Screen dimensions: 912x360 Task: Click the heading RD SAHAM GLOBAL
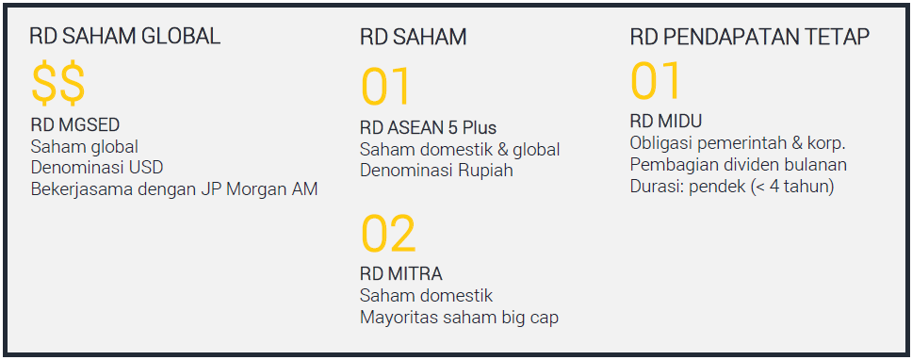click(x=125, y=37)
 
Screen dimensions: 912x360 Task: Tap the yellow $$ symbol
click(x=58, y=83)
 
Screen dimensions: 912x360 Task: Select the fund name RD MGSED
click(x=75, y=124)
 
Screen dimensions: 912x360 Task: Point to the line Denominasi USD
click(x=97, y=168)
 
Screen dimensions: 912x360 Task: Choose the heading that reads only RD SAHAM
click(x=413, y=38)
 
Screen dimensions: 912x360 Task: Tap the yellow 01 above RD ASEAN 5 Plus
click(x=385, y=87)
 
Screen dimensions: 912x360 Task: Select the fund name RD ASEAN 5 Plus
click(x=428, y=127)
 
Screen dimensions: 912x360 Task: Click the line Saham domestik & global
click(x=460, y=150)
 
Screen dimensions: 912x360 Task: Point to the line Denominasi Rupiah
click(x=436, y=171)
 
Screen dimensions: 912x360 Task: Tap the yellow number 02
click(x=388, y=233)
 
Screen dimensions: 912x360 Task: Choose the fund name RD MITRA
click(x=400, y=273)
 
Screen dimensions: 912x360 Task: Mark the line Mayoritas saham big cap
click(x=459, y=318)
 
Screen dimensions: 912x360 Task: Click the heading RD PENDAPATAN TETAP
click(x=750, y=37)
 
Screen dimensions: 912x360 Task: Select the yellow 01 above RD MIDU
click(x=656, y=81)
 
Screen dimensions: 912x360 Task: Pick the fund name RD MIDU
click(x=666, y=121)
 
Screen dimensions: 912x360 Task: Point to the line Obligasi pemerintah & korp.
click(x=738, y=143)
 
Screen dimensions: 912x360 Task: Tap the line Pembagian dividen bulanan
click(x=738, y=165)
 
